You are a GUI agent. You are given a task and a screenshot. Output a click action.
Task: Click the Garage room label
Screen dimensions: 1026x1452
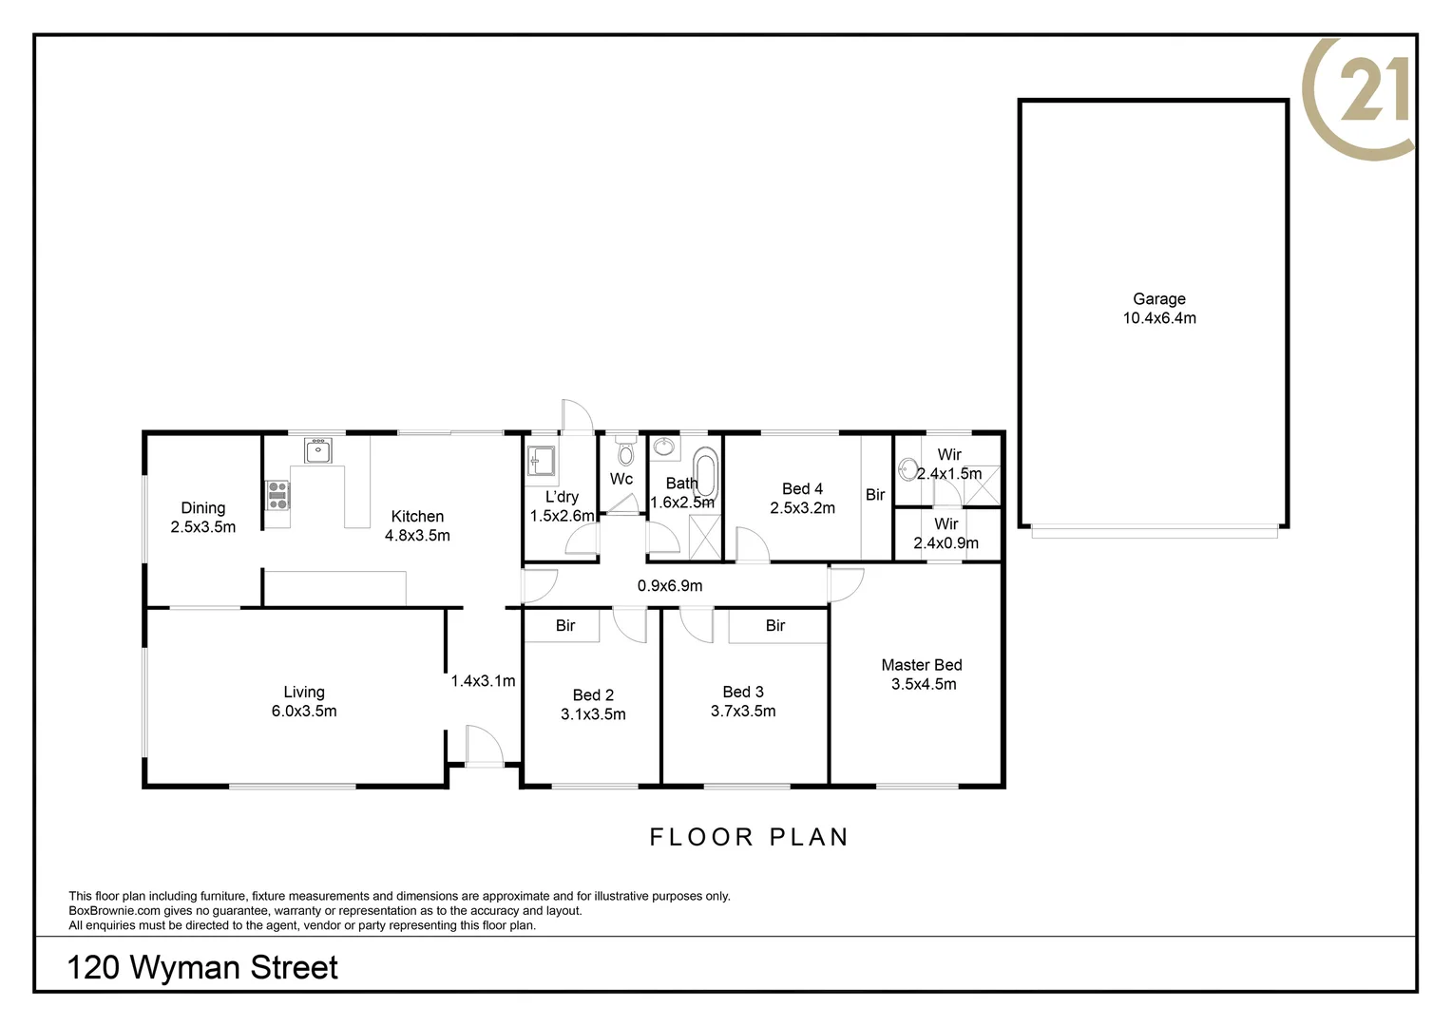click(x=1158, y=298)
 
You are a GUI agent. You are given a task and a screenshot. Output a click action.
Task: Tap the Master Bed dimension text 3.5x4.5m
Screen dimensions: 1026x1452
click(x=923, y=684)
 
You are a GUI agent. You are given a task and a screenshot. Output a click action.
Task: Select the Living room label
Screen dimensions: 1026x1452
click(x=304, y=693)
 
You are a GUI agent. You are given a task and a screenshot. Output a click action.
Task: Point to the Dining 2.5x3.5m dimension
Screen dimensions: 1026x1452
click(x=203, y=526)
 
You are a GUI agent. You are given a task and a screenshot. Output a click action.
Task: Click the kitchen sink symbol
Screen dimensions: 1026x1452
click(x=317, y=450)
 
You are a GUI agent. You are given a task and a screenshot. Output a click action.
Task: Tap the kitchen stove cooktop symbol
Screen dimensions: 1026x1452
click(x=277, y=495)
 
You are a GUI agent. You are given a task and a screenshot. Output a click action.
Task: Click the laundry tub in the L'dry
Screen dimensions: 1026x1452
click(x=541, y=461)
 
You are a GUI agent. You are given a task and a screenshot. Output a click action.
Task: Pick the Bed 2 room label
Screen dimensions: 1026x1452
click(x=593, y=694)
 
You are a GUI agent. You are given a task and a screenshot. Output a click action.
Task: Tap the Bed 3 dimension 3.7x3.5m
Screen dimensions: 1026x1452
click(x=743, y=711)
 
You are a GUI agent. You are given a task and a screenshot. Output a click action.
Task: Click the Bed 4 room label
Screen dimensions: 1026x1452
click(x=802, y=488)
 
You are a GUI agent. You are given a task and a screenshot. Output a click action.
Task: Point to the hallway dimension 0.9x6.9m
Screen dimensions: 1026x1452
click(x=670, y=585)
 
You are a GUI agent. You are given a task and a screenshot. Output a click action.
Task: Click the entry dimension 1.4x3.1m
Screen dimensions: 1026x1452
click(x=483, y=680)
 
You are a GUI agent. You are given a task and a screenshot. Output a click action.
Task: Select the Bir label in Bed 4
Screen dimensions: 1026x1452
click(x=875, y=495)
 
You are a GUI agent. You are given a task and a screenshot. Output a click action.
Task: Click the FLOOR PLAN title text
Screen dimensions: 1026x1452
click(x=749, y=837)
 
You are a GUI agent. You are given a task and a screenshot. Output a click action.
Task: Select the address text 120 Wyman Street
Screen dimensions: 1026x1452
click(x=202, y=967)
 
